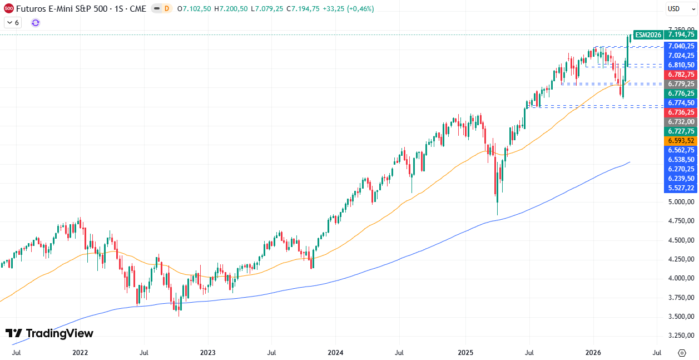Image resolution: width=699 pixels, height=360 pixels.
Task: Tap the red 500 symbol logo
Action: click(x=8, y=9)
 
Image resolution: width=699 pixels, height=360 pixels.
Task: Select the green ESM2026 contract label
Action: click(x=648, y=34)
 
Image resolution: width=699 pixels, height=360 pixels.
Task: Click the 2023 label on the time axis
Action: click(x=207, y=353)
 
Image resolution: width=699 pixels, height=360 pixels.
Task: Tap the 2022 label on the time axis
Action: click(x=80, y=353)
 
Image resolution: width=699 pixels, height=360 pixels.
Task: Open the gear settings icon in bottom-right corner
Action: click(x=682, y=353)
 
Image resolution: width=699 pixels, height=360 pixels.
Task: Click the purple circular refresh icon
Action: click(x=36, y=23)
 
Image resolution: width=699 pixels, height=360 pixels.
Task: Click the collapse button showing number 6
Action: click(x=12, y=23)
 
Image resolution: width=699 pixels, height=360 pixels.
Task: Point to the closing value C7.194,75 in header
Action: click(x=303, y=9)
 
